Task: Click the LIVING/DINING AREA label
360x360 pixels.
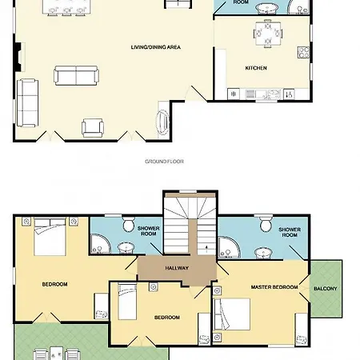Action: [156, 47]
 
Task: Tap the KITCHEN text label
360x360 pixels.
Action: [256, 68]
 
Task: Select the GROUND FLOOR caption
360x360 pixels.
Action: [164, 162]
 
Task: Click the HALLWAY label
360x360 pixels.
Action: [177, 268]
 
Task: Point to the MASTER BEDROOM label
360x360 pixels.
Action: [274, 287]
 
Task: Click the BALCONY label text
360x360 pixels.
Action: [326, 289]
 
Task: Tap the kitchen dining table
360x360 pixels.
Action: [268, 34]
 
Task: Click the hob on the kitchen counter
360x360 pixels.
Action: [303, 52]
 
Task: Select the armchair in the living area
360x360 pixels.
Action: [93, 128]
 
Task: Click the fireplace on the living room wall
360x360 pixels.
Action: [18, 57]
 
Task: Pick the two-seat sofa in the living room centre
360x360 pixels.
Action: [76, 75]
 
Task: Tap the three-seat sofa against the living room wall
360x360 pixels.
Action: [27, 102]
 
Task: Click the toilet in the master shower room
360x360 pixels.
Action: [266, 223]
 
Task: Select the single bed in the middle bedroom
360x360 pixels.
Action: [127, 302]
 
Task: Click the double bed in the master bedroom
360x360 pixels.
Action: [232, 314]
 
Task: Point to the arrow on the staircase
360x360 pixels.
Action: [207, 249]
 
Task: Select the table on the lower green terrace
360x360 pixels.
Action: [57, 354]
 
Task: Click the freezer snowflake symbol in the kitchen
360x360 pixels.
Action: [234, 94]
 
